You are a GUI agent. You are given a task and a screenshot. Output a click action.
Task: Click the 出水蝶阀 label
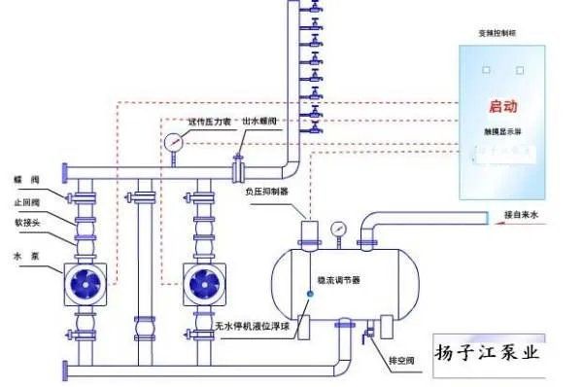click(259, 121)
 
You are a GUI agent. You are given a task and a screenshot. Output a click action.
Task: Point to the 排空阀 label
click(402, 361)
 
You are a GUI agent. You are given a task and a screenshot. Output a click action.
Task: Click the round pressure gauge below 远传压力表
click(174, 142)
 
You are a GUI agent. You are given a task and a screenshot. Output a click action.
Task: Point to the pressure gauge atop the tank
click(337, 229)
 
